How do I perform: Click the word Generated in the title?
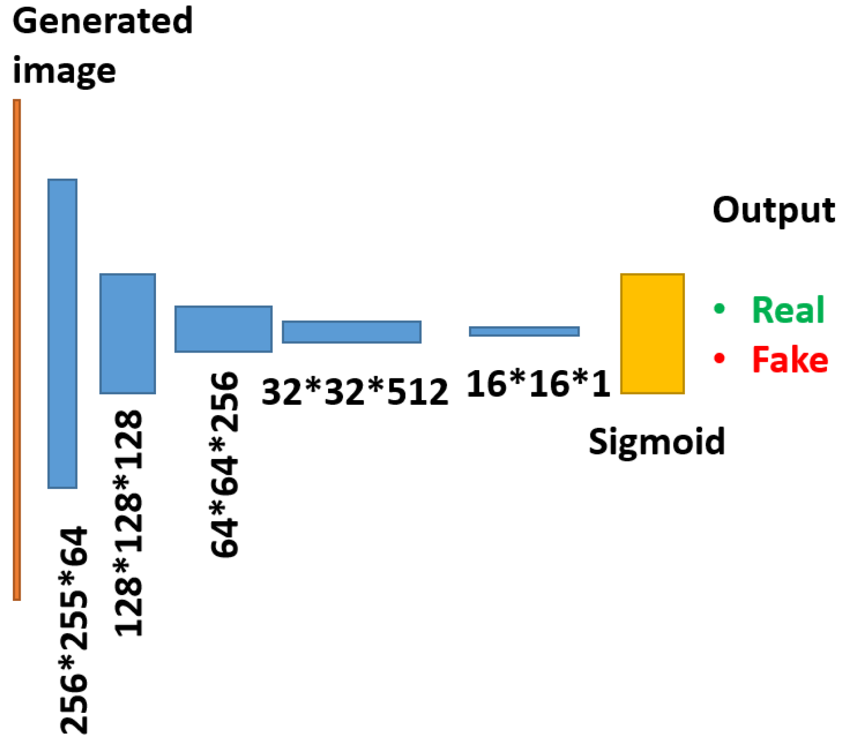point(102,21)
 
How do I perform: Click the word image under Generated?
point(64,71)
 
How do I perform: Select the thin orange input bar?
point(17,349)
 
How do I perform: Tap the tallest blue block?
point(63,333)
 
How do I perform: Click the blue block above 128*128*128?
point(128,333)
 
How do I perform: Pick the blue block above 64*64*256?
point(223,329)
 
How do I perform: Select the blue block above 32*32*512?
point(351,331)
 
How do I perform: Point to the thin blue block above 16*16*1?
point(524,331)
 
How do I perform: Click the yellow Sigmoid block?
point(652,333)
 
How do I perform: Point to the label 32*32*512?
point(355,392)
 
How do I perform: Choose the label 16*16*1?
point(538,384)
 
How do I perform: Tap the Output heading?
point(773,210)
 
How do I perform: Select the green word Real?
point(788,310)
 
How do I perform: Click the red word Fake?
point(790,360)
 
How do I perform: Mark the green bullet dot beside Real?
point(719,309)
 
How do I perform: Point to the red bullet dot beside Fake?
point(719,358)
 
